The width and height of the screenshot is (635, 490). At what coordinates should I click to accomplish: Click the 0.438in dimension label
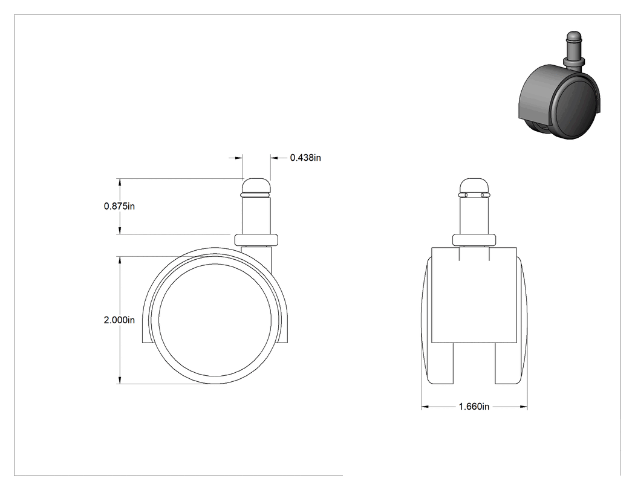305,158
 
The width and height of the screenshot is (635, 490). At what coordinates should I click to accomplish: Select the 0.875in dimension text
120,207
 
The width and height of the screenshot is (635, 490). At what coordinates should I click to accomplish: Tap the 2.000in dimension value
120,320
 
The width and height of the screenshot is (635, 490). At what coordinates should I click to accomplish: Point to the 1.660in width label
474,407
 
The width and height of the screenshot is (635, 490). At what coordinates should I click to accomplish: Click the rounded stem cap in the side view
256,185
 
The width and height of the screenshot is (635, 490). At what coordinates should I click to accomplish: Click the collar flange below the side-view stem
256,239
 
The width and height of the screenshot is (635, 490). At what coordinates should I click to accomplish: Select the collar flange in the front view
474,239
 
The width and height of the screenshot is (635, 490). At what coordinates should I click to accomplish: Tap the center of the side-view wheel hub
215,320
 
